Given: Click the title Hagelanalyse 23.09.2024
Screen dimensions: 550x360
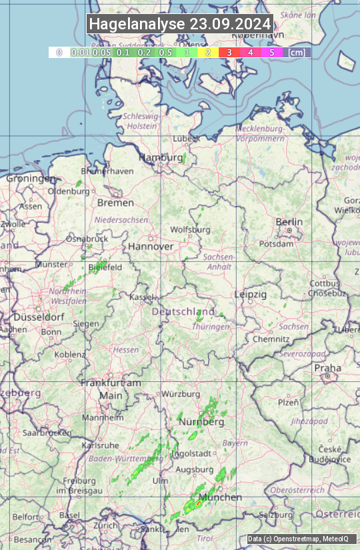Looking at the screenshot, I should tap(180, 24).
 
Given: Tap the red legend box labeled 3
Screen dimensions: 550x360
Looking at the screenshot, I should tap(229, 52).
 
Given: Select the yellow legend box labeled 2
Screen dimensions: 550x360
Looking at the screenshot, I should tap(207, 52).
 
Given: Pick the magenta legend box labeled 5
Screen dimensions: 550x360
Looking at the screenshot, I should tap(271, 52).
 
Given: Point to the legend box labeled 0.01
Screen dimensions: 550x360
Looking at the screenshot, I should tap(80, 52).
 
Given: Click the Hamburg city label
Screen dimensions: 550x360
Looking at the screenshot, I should tap(161, 158).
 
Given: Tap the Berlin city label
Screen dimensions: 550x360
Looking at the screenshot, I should tap(289, 222).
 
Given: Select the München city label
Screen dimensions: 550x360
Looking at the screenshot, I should tap(219, 497).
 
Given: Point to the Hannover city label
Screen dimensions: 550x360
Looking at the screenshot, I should tap(151, 246).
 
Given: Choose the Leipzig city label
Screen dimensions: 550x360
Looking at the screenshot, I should tap(251, 294).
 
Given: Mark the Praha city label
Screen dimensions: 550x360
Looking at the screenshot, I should tap(327, 368).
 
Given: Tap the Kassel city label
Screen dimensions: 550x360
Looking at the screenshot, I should tap(141, 297).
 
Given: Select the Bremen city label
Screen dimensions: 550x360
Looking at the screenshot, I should tap(115, 203).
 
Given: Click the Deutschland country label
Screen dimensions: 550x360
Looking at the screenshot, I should tap(183, 312).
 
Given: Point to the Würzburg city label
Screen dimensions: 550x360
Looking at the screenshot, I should tap(181, 393).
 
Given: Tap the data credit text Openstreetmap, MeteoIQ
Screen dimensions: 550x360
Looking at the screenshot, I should tap(297, 539).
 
